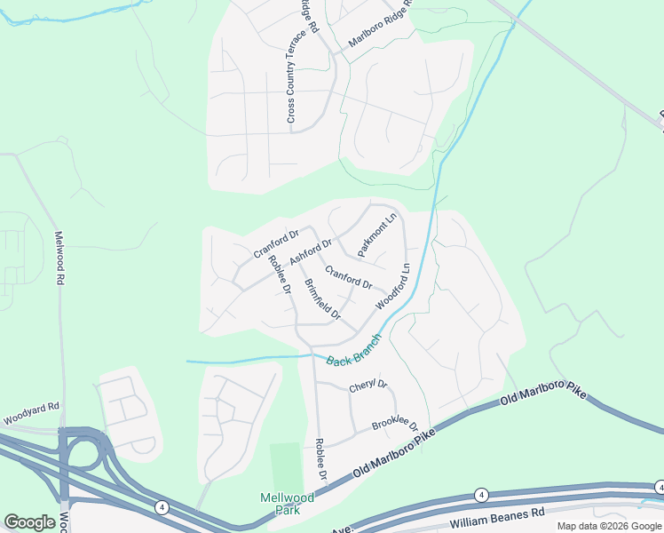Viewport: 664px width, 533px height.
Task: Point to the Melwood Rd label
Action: pyautogui.click(x=60, y=258)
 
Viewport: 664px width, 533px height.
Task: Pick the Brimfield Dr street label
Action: pyautogui.click(x=322, y=300)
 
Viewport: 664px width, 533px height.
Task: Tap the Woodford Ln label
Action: pyautogui.click(x=392, y=285)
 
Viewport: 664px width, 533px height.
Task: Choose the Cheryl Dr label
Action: pyautogui.click(x=368, y=386)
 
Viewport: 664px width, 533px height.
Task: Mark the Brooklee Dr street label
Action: pyautogui.click(x=394, y=426)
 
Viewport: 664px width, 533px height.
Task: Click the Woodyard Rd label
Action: pyautogui.click(x=29, y=412)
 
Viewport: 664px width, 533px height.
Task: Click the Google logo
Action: pyautogui.click(x=30, y=521)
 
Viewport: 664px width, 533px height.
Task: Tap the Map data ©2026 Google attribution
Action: pyautogui.click(x=608, y=526)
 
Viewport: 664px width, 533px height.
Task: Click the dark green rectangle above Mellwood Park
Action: pyautogui.click(x=286, y=465)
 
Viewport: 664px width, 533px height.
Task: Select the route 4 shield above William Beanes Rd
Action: pyautogui.click(x=481, y=494)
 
